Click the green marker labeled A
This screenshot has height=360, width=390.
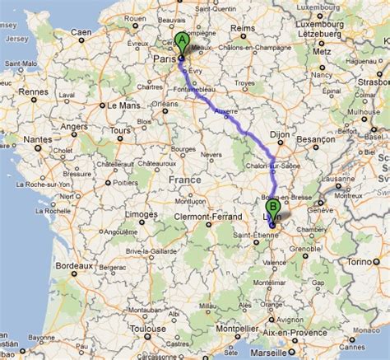pyautogui.click(x=182, y=40)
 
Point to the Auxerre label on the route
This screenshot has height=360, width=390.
pyautogui.click(x=225, y=110)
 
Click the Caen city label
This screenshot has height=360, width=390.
pyautogui.click(x=81, y=31)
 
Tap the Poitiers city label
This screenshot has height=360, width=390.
pyautogui.click(x=123, y=181)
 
